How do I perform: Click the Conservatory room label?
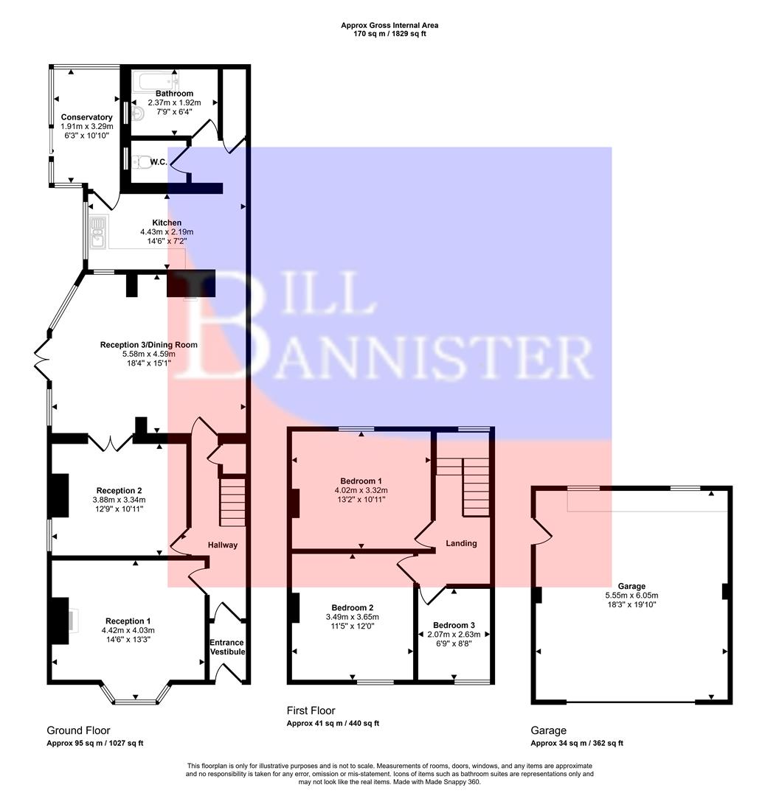coord(86,117)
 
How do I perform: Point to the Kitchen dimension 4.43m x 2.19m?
coord(167,232)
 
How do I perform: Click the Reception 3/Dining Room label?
coord(148,344)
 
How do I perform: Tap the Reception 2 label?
coord(119,491)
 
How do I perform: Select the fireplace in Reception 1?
coord(60,621)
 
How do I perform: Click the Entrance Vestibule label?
coord(226,647)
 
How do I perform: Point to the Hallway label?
coord(222,545)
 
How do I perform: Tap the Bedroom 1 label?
coord(361,481)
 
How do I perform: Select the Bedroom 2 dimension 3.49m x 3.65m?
coord(352,617)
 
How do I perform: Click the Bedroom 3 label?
coord(454,624)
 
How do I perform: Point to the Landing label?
coord(461,543)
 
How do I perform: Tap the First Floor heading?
coord(311,711)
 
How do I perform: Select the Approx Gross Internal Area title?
coord(389,25)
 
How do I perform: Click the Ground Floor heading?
coord(78,730)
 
